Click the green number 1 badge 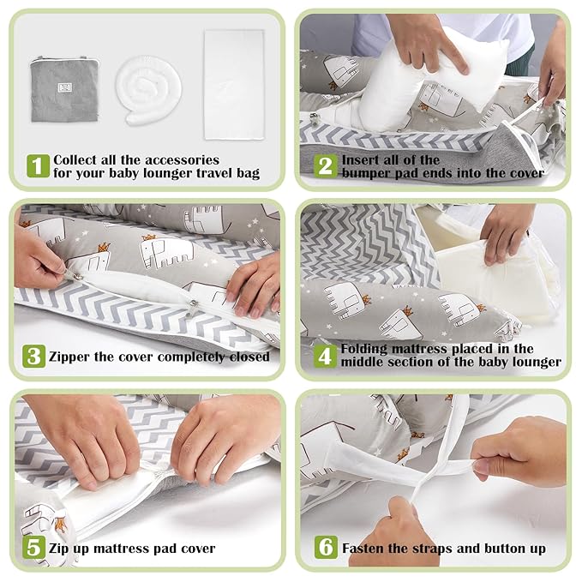coord(38,166)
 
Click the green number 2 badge coord(325,166)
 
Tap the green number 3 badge coord(34,357)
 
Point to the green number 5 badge coord(34,547)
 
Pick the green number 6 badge coord(326,547)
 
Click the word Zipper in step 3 coord(70,357)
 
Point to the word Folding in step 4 coord(367,349)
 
